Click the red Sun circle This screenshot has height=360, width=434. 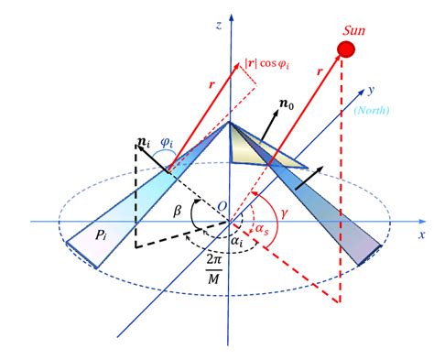(x=346, y=49)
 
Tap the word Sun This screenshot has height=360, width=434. (x=353, y=30)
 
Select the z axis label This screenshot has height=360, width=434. (x=219, y=25)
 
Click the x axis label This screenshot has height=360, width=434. (x=422, y=235)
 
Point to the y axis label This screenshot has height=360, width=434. (x=371, y=91)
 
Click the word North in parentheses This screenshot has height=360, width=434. (x=372, y=110)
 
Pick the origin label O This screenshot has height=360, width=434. (x=222, y=207)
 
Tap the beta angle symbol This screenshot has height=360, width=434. (x=178, y=211)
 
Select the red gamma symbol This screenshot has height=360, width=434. (x=285, y=213)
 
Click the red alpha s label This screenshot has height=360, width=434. (x=262, y=229)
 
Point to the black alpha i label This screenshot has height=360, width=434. (x=236, y=241)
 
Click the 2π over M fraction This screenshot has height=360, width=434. (x=214, y=269)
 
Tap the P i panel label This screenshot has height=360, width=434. (x=101, y=235)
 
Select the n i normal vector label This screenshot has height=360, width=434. (x=144, y=143)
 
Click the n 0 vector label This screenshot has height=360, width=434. (x=287, y=104)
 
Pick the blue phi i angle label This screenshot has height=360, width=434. (x=167, y=143)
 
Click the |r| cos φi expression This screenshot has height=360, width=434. (x=266, y=64)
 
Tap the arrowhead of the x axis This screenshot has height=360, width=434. (x=422, y=222)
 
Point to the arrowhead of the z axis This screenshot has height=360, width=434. (x=232, y=16)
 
